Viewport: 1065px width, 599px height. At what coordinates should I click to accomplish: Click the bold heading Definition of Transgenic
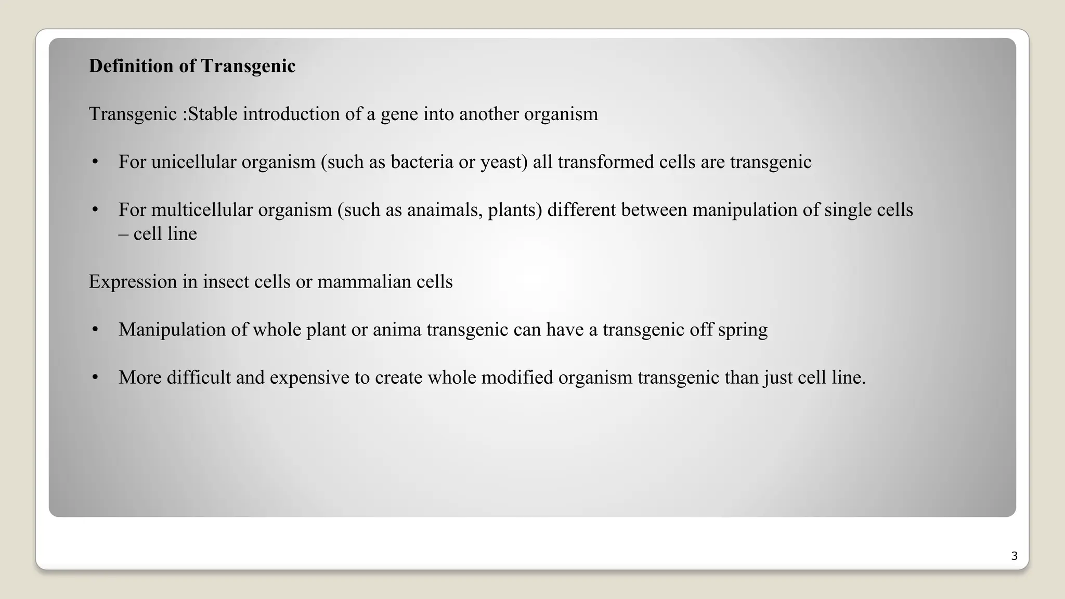(x=192, y=66)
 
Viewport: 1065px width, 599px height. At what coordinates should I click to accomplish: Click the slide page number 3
(x=1014, y=556)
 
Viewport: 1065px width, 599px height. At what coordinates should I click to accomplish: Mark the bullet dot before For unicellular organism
(x=95, y=162)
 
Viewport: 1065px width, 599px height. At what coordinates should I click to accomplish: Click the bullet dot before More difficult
(x=95, y=377)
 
